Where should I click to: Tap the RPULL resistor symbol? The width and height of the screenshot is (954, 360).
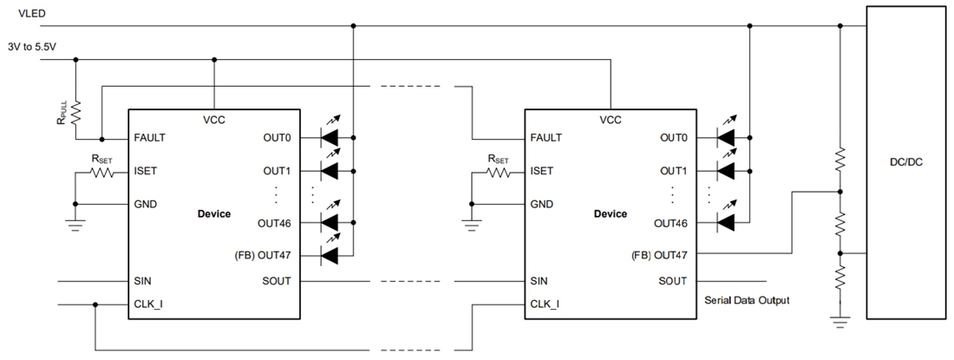click(76, 112)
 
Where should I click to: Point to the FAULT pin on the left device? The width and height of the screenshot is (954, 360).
click(150, 138)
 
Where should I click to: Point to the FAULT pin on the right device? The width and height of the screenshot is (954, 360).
click(546, 138)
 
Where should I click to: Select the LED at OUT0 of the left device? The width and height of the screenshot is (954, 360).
click(330, 138)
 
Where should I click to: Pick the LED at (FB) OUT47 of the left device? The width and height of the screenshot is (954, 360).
click(330, 254)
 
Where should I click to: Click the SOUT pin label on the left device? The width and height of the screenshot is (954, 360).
click(276, 281)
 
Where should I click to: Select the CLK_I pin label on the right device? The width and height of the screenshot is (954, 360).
click(546, 304)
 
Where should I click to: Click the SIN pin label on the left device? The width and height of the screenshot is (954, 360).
click(144, 281)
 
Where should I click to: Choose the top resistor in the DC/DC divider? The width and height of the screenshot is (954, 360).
click(839, 159)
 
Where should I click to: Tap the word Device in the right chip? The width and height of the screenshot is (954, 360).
click(610, 213)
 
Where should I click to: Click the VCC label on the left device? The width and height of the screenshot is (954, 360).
click(213, 120)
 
